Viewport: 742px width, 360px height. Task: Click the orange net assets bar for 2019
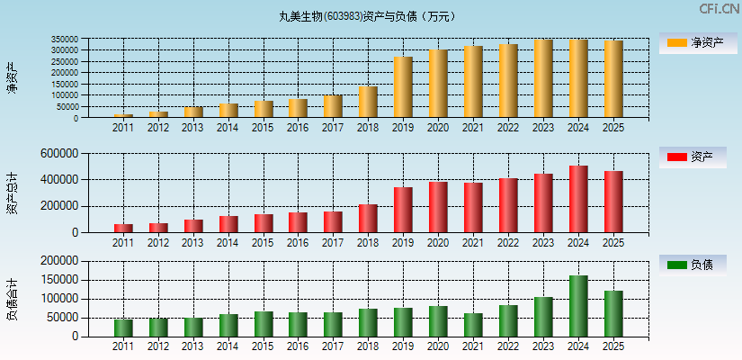[x=403, y=87]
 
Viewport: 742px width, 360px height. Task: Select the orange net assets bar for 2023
[x=543, y=78]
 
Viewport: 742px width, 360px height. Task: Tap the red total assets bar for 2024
[x=578, y=199]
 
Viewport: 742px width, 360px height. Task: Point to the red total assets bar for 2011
[x=123, y=229]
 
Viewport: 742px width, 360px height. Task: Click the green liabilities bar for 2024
[x=578, y=306]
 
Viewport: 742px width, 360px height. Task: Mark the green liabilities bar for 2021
[x=473, y=325]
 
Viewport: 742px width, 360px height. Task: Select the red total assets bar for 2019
[x=403, y=210]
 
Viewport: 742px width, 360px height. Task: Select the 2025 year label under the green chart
[x=613, y=346]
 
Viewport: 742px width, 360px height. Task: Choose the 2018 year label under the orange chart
[x=368, y=128]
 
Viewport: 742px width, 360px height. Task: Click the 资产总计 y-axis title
[x=12, y=193]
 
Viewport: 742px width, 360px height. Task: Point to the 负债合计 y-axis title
[x=12, y=300]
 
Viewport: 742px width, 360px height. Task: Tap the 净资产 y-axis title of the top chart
[x=12, y=78]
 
